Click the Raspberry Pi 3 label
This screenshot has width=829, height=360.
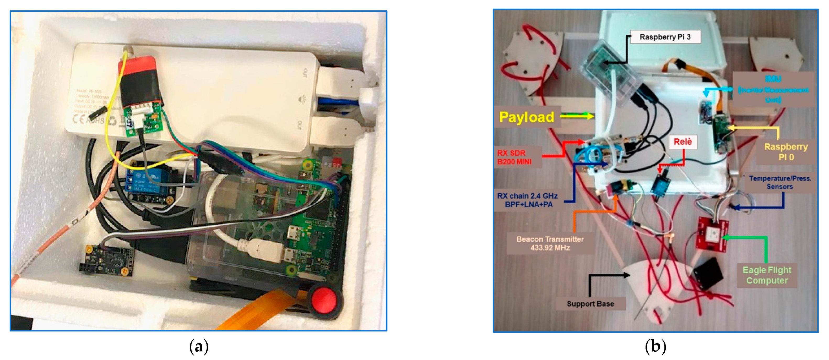coord(665,37)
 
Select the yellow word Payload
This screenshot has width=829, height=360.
coord(527,117)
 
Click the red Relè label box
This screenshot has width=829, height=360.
coord(682,142)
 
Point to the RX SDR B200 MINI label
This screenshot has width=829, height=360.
coord(514,157)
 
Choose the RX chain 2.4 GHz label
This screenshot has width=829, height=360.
coord(527,200)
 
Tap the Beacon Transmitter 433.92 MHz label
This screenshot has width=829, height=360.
coord(550,243)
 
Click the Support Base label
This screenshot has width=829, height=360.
coord(590,304)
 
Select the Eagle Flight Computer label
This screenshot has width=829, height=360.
coord(767,275)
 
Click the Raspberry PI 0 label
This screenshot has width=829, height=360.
coord(785,152)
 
